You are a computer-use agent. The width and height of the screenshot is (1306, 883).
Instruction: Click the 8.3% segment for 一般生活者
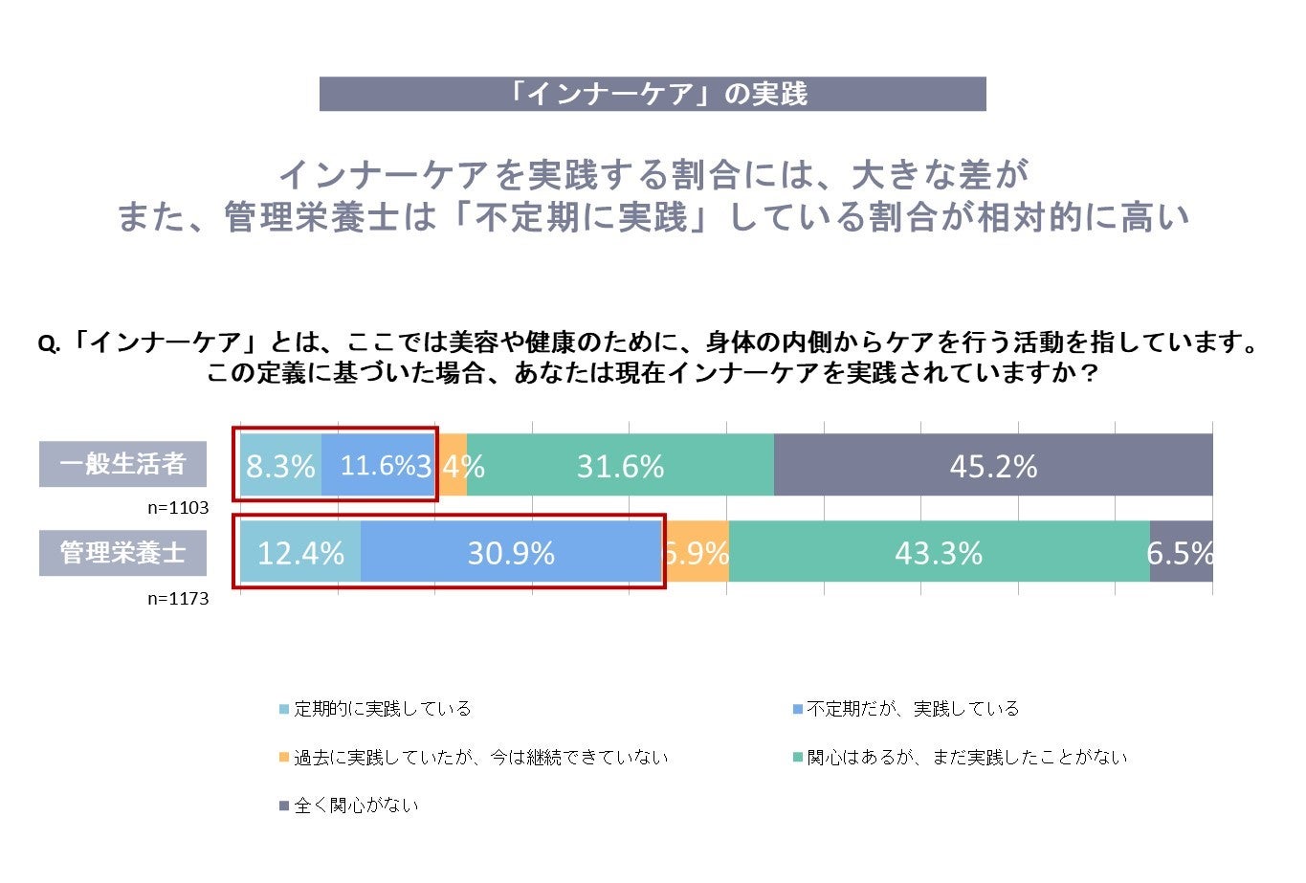point(280,466)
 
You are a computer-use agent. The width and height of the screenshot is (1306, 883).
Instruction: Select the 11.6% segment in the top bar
point(378,466)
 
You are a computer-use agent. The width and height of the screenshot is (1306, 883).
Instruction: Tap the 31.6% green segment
point(620,466)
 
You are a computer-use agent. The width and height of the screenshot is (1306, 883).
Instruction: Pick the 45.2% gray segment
point(993,466)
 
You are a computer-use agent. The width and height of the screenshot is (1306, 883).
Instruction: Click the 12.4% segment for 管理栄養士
point(300,553)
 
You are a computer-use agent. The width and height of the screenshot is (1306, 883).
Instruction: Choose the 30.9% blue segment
point(511,553)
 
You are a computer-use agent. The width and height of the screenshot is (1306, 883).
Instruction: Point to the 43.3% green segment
point(939,553)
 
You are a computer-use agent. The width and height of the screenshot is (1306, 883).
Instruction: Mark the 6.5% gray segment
point(1181,553)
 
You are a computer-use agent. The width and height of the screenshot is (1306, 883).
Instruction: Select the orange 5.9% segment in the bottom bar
point(696,553)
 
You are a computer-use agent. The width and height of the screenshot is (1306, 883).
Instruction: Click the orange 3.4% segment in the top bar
point(453,466)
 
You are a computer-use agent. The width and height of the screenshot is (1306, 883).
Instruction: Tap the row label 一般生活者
point(122,464)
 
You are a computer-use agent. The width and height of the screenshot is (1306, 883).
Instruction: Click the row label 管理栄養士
point(122,552)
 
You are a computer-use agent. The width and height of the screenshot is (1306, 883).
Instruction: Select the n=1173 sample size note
point(178,599)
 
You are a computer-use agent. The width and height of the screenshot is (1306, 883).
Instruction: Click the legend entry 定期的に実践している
point(382,709)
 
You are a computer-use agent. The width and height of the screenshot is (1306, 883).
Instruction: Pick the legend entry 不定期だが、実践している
point(913,709)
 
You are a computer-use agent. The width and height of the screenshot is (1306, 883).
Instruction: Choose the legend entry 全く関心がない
point(356,806)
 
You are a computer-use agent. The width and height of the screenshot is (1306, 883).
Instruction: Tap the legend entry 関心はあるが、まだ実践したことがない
point(966,758)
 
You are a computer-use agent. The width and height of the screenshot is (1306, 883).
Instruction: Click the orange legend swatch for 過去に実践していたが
point(283,758)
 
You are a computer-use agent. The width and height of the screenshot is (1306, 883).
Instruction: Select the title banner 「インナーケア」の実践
point(653,94)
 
